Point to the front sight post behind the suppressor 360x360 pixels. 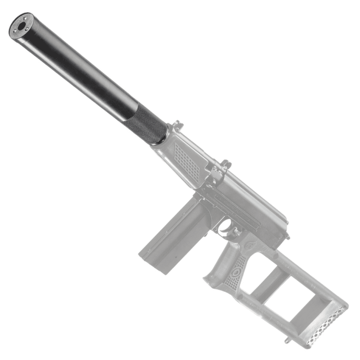click(177, 125)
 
